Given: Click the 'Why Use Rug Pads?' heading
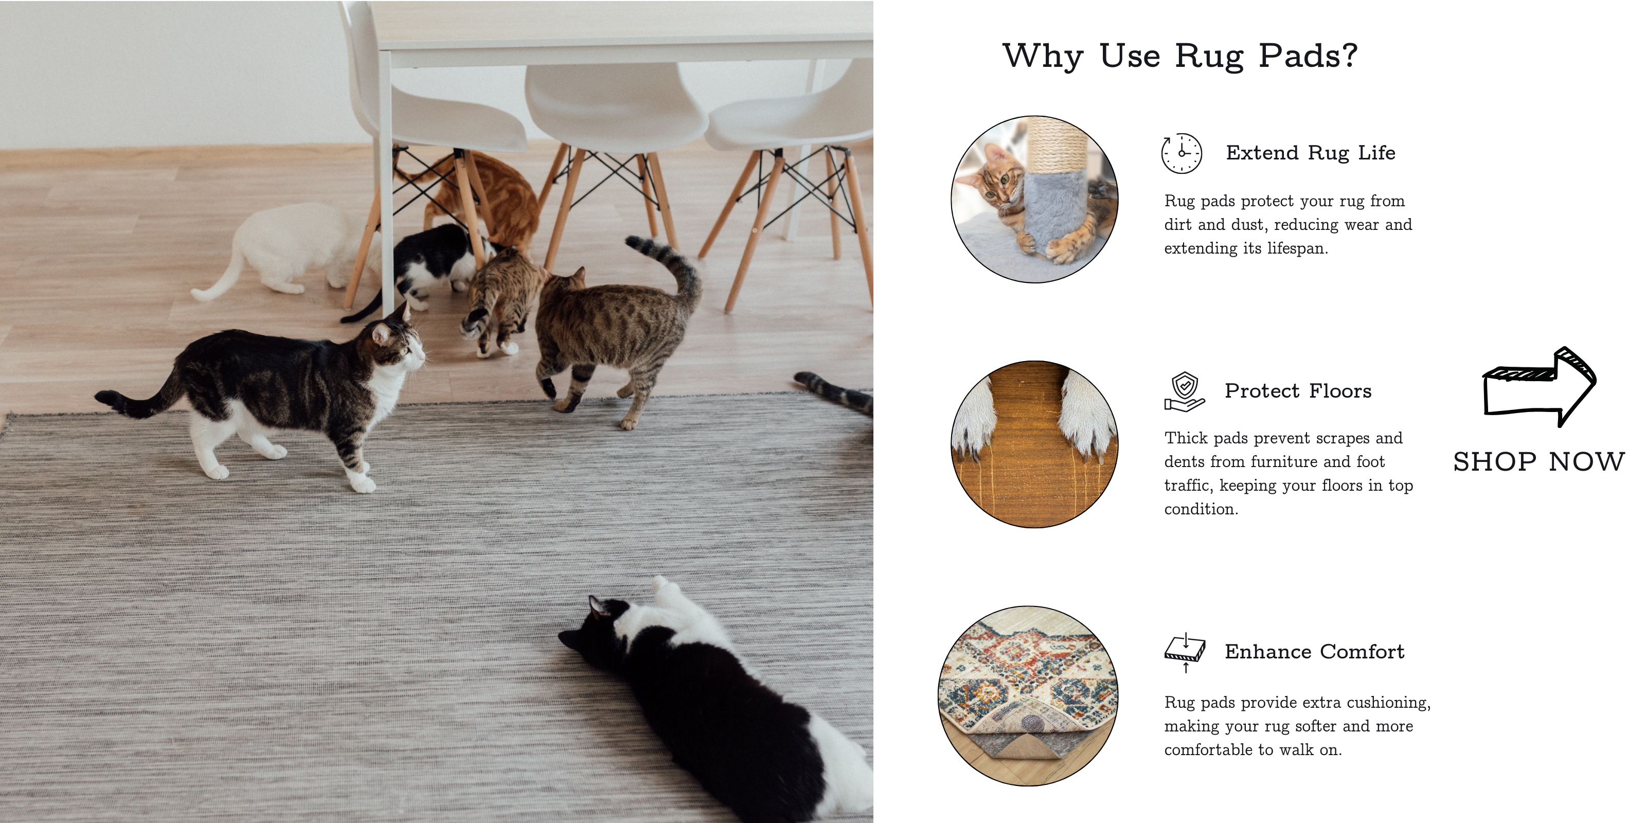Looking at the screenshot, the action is point(1179,56).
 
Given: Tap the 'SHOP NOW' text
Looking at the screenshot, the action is point(1538,461).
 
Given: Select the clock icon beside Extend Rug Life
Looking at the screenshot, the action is point(1182,153).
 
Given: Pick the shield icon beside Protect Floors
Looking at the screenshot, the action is point(1184,391).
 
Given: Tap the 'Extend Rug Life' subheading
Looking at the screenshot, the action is point(1311,153).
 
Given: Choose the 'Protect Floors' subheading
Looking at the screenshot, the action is point(1298,391).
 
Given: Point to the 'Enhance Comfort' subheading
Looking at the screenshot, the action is point(1314,652).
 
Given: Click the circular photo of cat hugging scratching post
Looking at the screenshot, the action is point(1034,200).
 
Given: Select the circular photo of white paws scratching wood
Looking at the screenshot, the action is point(1034,444).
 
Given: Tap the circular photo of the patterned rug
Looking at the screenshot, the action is point(1028,696).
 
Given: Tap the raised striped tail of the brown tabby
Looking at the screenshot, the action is point(671,269).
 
